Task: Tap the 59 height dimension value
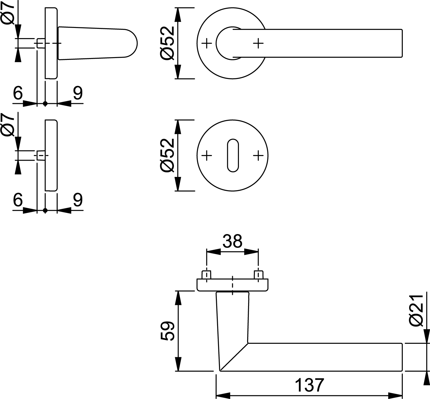(167, 331)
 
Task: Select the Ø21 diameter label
(416, 310)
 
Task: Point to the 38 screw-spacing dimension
(232, 241)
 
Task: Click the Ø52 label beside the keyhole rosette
(167, 155)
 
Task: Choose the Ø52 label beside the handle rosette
(167, 43)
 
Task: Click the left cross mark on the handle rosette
(207, 43)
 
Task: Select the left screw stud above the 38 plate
(207, 274)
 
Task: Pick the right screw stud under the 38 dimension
(259, 274)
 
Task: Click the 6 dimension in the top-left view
(18, 93)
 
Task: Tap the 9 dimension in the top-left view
(78, 93)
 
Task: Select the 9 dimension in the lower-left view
(78, 200)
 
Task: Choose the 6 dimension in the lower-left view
(18, 200)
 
